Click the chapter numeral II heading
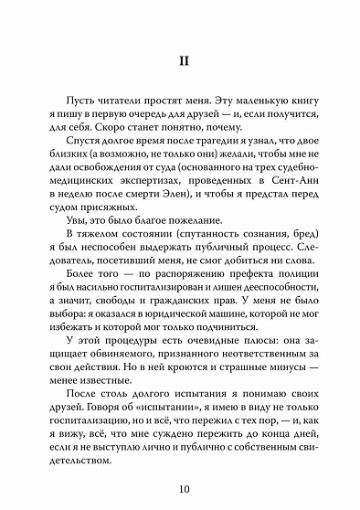tap(180, 65)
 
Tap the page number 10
tap(180, 485)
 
